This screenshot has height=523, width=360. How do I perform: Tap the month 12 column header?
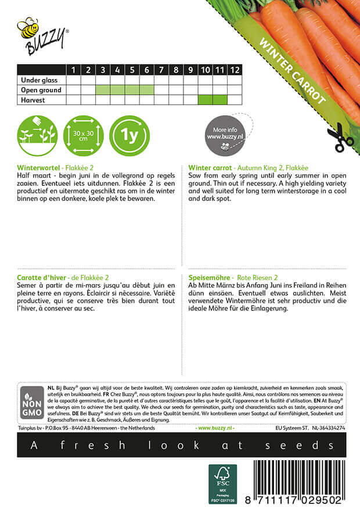tap(234, 70)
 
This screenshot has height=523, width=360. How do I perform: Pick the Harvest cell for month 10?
tap(205, 100)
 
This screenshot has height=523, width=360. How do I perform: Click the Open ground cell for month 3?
tap(102, 90)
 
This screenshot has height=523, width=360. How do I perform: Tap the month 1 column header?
tap(74, 70)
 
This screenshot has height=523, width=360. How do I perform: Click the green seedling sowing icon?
tap(37, 136)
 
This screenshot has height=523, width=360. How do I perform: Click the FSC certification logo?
tap(223, 483)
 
